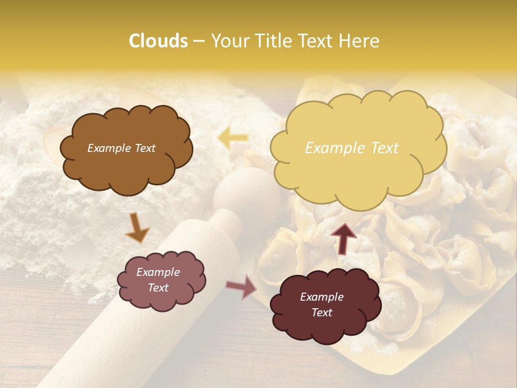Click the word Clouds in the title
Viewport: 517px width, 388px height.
point(158,41)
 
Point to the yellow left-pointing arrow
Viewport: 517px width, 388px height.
point(233,137)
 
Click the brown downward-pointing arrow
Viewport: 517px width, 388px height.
point(138,227)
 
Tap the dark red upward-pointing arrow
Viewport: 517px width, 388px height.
point(343,238)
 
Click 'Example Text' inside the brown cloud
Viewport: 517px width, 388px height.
point(121,148)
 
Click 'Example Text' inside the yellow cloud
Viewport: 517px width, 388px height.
point(352,148)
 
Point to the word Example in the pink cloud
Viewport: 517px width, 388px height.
point(158,272)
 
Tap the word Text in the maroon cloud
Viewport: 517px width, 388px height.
point(322,313)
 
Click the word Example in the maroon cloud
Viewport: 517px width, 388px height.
point(322,297)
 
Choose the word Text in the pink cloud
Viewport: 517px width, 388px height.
point(158,288)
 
